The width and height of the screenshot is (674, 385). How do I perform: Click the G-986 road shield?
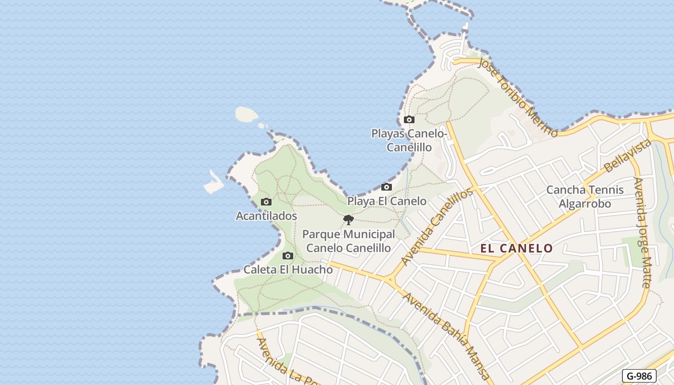click(x=639, y=376)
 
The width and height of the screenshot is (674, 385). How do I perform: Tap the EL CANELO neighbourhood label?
click(x=517, y=248)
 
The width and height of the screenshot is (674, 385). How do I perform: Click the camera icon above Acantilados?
click(x=266, y=202)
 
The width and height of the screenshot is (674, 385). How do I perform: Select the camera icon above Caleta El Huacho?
click(x=288, y=256)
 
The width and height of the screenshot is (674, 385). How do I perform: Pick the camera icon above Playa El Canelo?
click(x=386, y=187)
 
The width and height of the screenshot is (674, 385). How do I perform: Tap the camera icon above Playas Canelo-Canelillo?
click(x=409, y=120)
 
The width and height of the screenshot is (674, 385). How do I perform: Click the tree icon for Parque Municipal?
click(x=348, y=220)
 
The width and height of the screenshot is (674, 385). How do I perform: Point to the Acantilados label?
click(x=266, y=216)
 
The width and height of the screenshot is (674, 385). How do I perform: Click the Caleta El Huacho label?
click(x=288, y=269)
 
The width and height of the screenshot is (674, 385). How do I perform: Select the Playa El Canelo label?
click(x=387, y=201)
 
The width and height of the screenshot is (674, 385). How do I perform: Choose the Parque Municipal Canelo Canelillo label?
click(x=349, y=241)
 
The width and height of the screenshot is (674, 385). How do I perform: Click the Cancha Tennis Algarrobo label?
click(x=584, y=196)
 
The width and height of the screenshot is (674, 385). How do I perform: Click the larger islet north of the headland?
click(x=246, y=115)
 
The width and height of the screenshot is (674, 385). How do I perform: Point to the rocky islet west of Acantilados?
click(x=213, y=182)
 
